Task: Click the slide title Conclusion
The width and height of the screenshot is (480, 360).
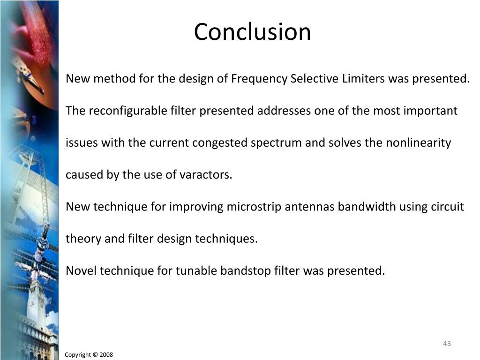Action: tap(252, 32)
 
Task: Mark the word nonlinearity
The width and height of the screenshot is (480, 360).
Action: tap(419, 143)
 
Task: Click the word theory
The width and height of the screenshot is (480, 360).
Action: tap(83, 239)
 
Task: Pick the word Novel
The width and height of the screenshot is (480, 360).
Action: tap(81, 270)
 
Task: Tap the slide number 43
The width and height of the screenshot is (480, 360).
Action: tap(447, 344)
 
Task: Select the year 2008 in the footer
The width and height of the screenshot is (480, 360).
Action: tap(106, 355)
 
